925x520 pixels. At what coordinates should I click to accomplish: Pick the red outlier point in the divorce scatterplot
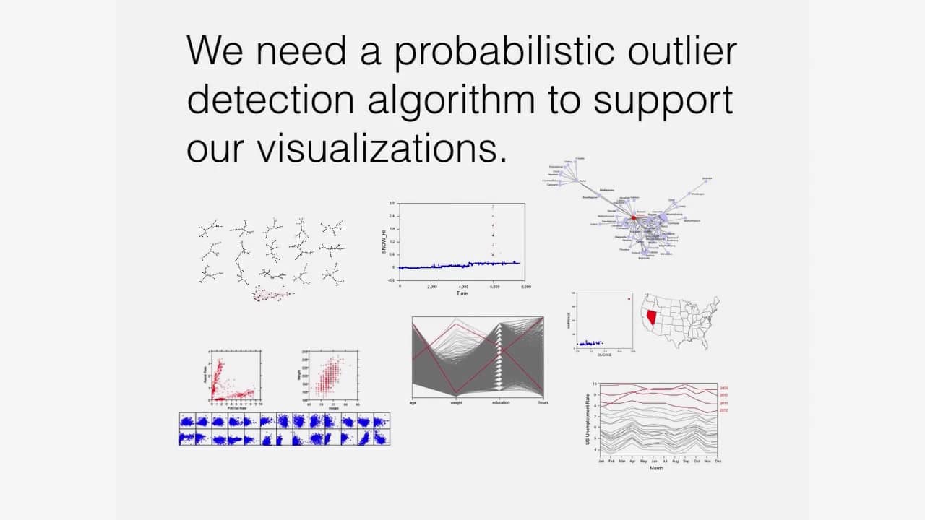pos(629,299)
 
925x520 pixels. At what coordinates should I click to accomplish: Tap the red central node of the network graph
pos(634,217)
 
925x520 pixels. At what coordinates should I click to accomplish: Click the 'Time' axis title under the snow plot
pos(462,293)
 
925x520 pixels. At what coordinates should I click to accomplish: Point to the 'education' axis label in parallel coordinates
pos(502,402)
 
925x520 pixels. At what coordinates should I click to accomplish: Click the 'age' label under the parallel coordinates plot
pos(413,402)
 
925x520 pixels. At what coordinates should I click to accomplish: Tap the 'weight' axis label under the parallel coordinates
pos(457,402)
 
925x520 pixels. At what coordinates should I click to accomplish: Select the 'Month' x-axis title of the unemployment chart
pos(656,469)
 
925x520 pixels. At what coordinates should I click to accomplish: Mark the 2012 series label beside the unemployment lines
pos(724,410)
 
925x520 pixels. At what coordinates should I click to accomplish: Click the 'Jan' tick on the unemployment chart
pos(601,461)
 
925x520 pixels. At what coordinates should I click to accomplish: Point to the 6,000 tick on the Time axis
pos(494,287)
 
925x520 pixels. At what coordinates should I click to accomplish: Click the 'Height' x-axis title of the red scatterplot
pos(334,408)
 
